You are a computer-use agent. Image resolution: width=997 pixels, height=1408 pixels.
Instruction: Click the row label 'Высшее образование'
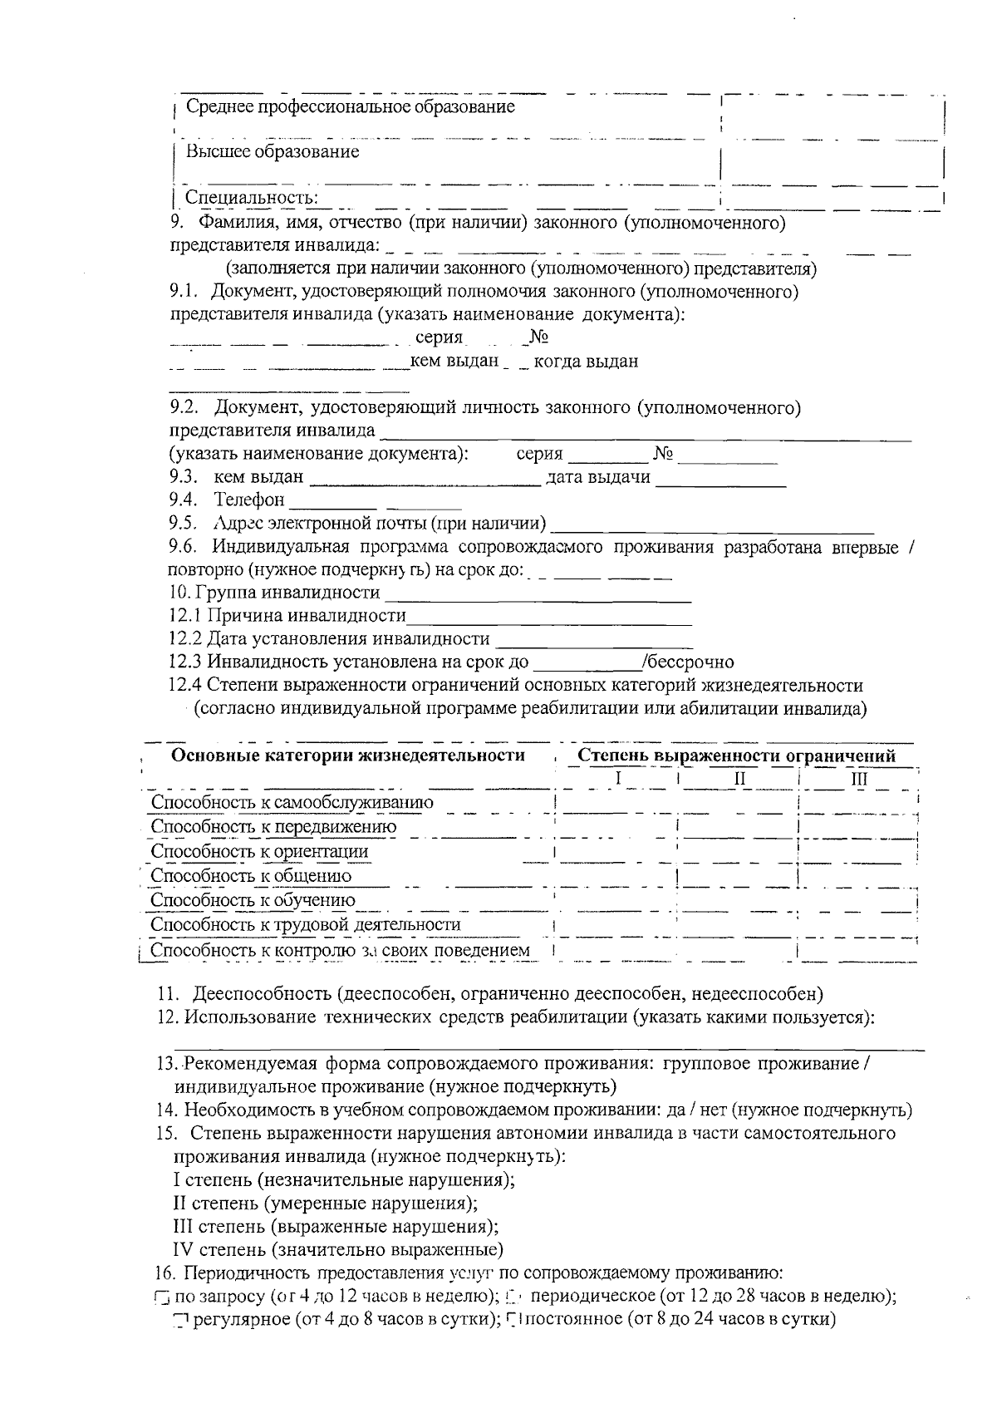pyautogui.click(x=272, y=152)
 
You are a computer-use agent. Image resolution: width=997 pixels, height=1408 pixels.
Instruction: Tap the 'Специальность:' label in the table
pyautogui.click(x=251, y=198)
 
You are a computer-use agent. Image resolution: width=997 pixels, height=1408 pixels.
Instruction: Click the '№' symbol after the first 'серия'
pyautogui.click(x=538, y=337)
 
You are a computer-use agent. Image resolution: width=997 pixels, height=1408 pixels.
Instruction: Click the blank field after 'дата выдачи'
pyautogui.click(x=720, y=479)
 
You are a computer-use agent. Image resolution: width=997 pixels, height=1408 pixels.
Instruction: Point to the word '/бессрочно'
pyautogui.click(x=688, y=662)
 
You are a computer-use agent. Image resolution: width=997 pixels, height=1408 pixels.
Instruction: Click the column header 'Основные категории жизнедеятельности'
pyautogui.click(x=347, y=756)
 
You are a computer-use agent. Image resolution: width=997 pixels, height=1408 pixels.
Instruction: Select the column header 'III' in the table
pyautogui.click(x=859, y=779)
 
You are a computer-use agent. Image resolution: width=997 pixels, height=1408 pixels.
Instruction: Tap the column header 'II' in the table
pyautogui.click(x=739, y=779)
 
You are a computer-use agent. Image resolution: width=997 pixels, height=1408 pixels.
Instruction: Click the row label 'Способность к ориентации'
pyautogui.click(x=259, y=852)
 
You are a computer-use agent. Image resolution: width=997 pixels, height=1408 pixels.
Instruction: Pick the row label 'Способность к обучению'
pyautogui.click(x=253, y=900)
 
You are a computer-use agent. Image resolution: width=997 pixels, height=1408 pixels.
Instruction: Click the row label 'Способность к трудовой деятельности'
pyautogui.click(x=305, y=925)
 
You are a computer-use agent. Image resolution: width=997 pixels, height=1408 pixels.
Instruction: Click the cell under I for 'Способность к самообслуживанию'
pyautogui.click(x=616, y=803)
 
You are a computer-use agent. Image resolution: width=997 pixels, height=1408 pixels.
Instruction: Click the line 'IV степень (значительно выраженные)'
pyautogui.click(x=337, y=1250)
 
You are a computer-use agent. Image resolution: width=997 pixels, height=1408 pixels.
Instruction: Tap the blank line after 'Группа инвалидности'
pyautogui.click(x=539, y=595)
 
